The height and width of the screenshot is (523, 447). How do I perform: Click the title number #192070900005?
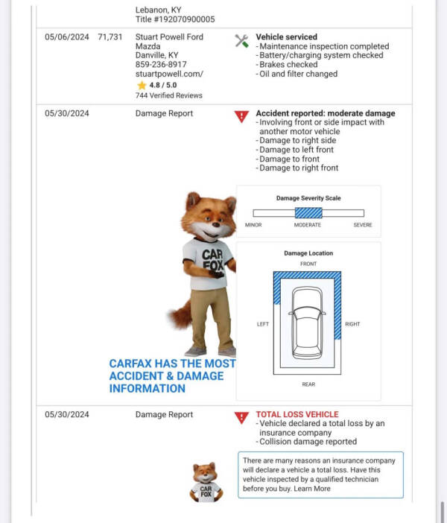[175, 19]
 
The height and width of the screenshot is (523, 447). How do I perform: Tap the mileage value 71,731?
[110, 37]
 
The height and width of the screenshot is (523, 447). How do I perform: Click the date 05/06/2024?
[66, 37]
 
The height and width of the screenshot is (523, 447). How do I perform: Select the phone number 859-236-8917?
[162, 65]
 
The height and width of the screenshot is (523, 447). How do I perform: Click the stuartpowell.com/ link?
[169, 75]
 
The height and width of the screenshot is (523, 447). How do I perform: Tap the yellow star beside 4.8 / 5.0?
[141, 86]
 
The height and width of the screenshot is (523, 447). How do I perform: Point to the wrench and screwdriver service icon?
[242, 41]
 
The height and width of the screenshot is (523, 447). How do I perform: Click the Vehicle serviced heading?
[286, 37]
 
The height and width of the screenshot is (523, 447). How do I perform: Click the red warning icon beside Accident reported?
[241, 116]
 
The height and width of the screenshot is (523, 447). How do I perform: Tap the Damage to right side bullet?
[296, 141]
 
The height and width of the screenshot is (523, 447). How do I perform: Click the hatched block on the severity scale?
[308, 213]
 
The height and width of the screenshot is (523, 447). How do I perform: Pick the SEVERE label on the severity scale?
[362, 225]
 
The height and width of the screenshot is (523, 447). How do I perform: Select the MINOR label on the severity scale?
[253, 225]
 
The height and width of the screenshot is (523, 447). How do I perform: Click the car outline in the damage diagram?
[308, 322]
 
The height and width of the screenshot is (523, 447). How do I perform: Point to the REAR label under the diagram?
[308, 384]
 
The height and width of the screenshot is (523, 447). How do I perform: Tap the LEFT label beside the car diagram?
[263, 324]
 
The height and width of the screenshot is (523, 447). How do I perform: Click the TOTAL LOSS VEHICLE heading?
[297, 414]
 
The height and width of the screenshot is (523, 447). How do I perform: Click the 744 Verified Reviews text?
[168, 95]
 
